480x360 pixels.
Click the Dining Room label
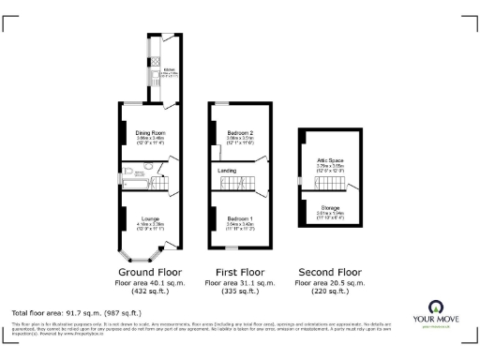[x=143, y=133]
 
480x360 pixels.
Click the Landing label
[x=227, y=171]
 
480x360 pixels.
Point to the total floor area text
[x=77, y=312]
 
